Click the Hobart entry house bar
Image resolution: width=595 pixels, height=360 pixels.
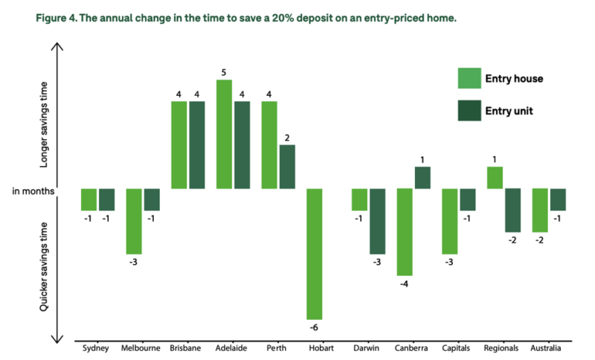[x=315, y=254]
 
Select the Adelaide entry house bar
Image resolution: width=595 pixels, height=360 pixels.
[x=225, y=134]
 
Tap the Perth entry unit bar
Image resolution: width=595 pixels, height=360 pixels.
[x=287, y=167]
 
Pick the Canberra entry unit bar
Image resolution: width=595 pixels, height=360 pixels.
[x=422, y=178]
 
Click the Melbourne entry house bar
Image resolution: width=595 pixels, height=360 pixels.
[x=134, y=222]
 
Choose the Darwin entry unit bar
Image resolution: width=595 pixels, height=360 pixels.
[x=377, y=222]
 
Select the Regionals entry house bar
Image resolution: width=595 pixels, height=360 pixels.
[x=495, y=178]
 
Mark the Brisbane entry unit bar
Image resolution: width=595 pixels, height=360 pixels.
[x=197, y=145]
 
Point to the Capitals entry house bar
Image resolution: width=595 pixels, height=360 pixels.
[x=449, y=222]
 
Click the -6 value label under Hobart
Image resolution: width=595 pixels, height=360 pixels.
[x=314, y=327]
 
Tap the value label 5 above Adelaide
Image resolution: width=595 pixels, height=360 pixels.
[x=225, y=72]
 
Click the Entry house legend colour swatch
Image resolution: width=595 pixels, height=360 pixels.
[x=469, y=78]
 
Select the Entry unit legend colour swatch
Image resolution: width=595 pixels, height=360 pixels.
[x=469, y=110]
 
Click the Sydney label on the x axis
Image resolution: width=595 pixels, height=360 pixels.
[x=97, y=347]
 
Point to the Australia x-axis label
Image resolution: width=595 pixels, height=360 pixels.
[x=547, y=347]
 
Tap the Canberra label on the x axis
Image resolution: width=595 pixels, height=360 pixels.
[x=413, y=347]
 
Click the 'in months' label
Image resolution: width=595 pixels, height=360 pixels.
[x=33, y=190]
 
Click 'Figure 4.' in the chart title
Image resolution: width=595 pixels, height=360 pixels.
[x=40, y=16]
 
